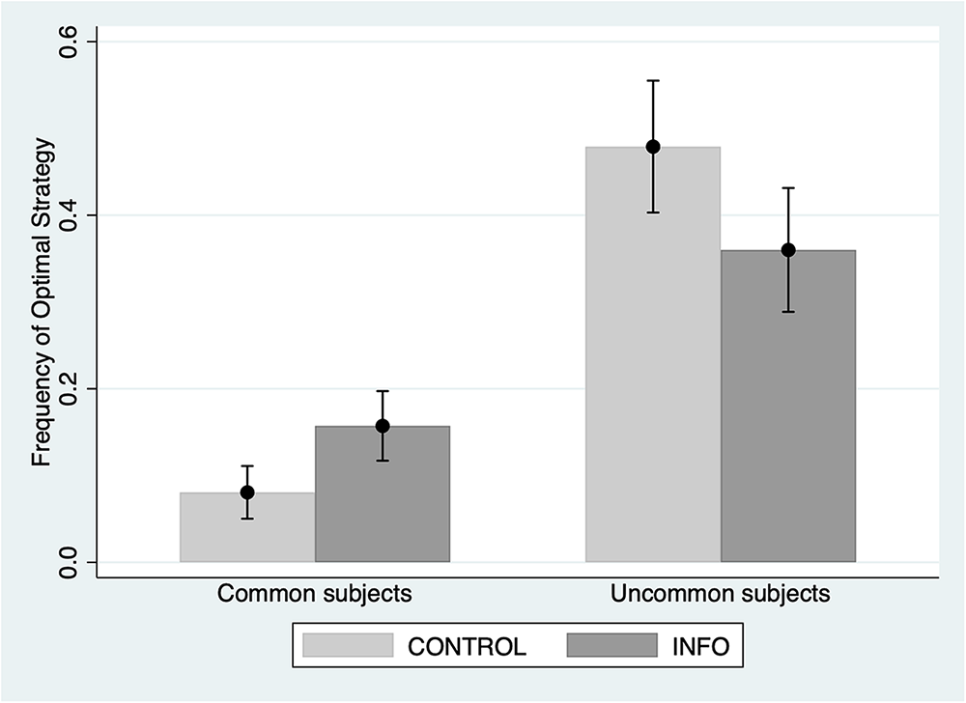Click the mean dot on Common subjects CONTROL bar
[247, 492]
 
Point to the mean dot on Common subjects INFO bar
[383, 426]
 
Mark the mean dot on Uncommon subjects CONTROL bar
[653, 147]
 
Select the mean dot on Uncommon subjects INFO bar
[788, 250]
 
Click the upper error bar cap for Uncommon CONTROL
[653, 80]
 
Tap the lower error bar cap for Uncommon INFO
[788, 312]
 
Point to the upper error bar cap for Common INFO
[383, 391]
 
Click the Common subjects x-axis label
[315, 594]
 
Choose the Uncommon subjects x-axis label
[721, 594]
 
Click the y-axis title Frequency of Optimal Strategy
[42, 301]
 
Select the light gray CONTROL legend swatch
[348, 646]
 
